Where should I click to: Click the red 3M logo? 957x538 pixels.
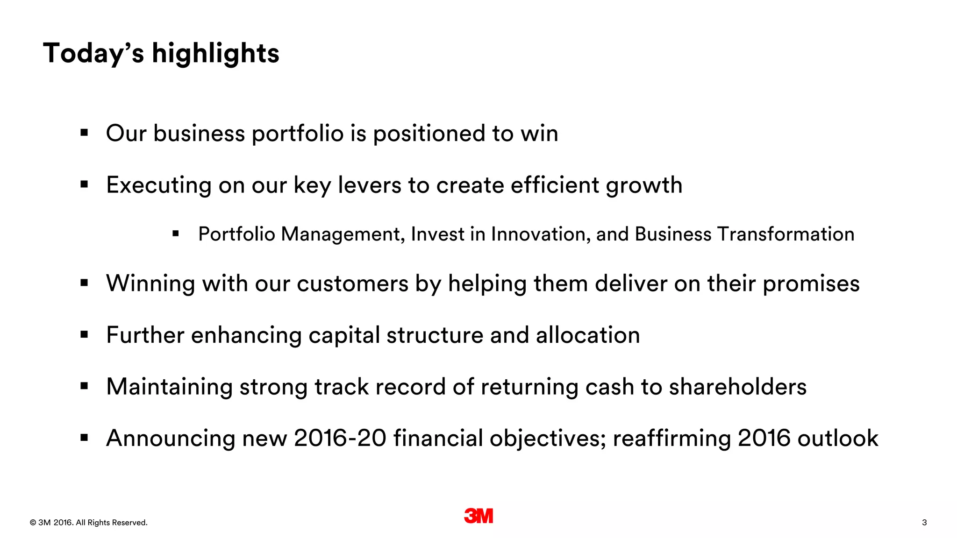coord(478,516)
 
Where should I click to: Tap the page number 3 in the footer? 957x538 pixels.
coord(924,523)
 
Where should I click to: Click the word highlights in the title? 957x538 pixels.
coord(215,53)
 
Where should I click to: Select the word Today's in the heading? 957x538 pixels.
coord(93,53)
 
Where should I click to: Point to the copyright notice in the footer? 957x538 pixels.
coord(88,523)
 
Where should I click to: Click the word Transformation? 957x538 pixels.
coord(786,234)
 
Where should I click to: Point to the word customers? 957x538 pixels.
coord(352,284)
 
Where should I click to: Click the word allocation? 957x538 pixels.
coord(588,335)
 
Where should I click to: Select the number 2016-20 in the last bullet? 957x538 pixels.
coord(340,439)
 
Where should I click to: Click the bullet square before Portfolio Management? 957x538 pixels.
coord(176,234)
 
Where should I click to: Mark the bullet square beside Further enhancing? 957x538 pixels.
coord(84,334)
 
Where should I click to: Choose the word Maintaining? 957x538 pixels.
coord(169,387)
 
